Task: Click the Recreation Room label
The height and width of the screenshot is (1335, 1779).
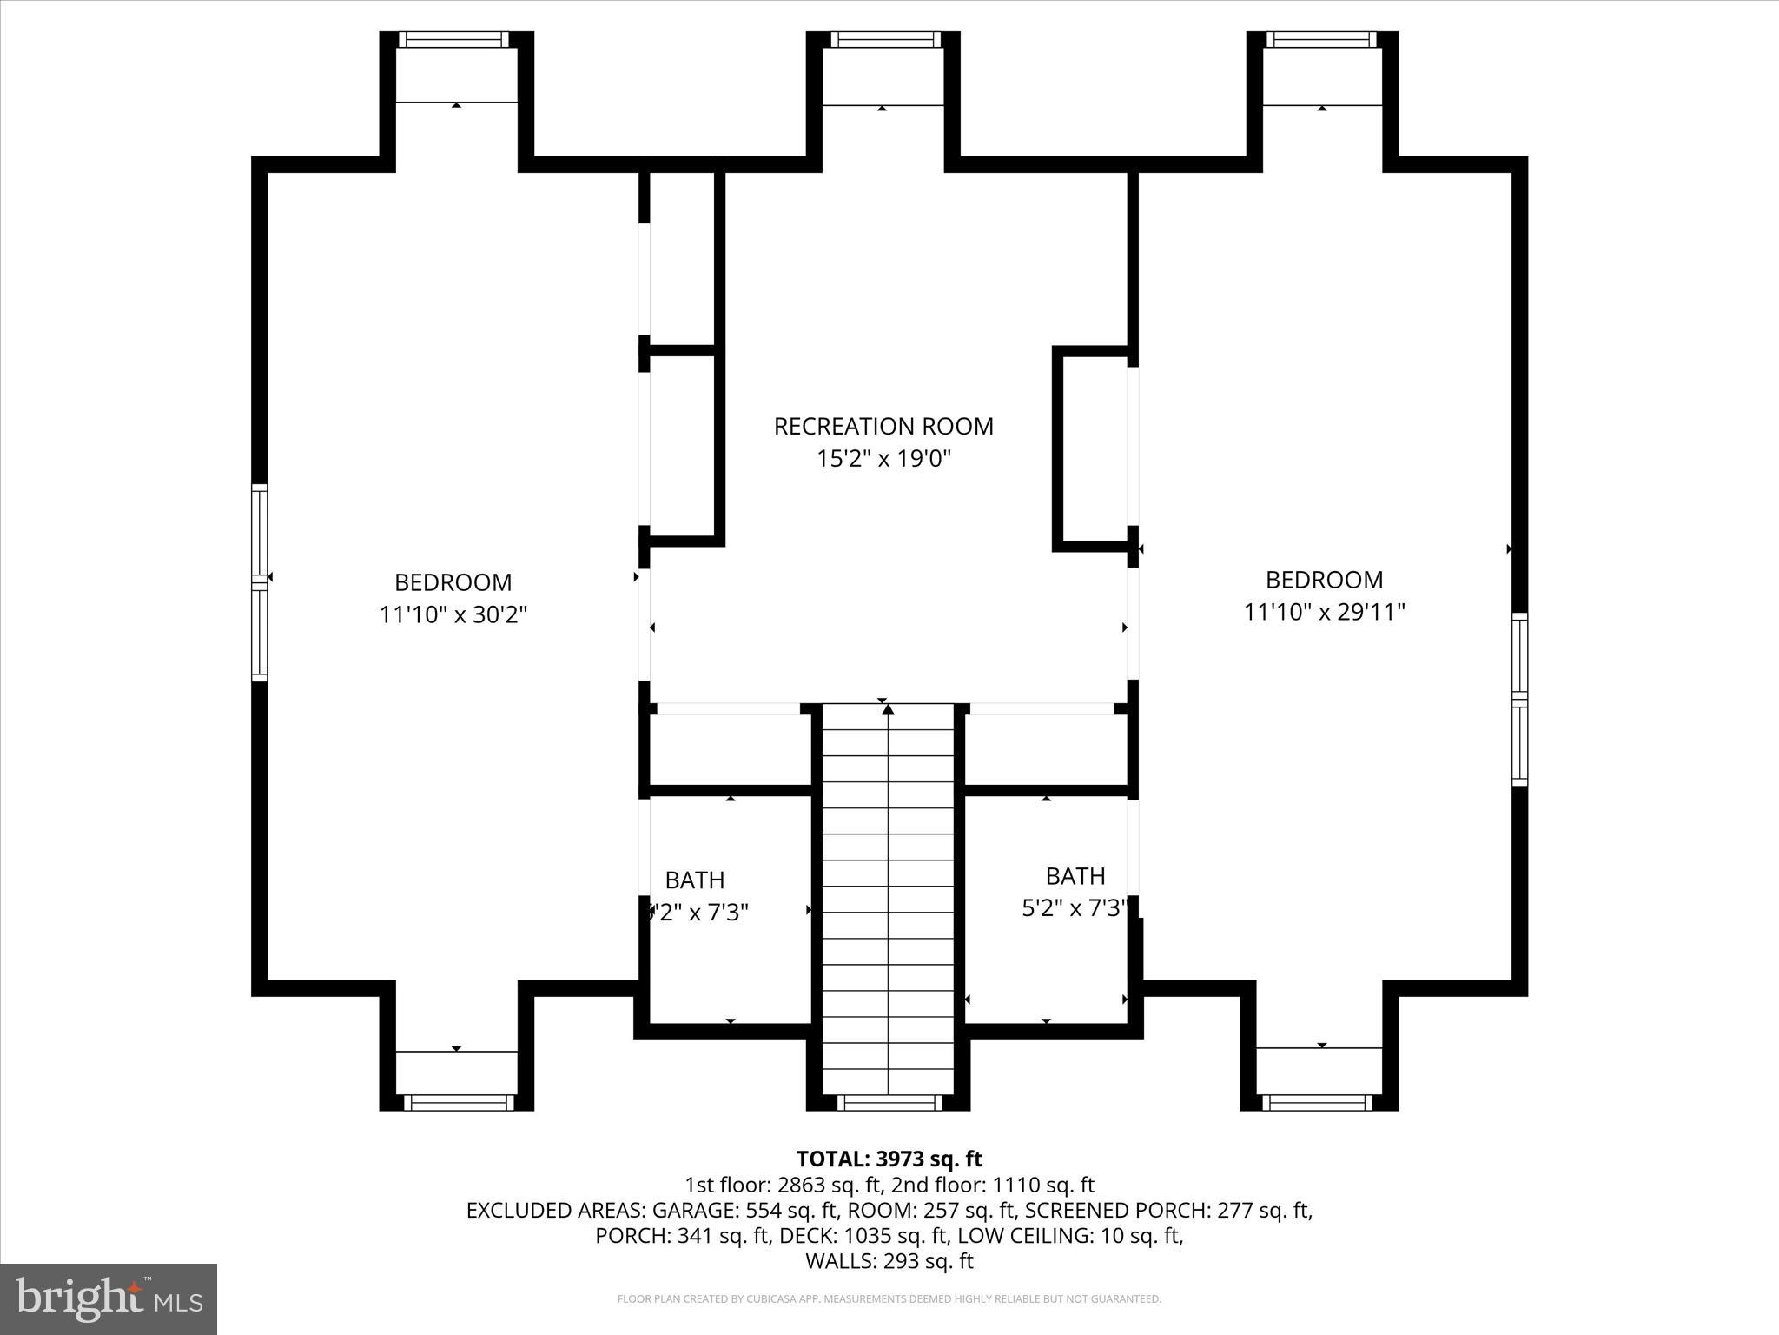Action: pyautogui.click(x=883, y=426)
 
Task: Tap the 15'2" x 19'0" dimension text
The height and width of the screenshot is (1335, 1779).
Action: pyautogui.click(x=883, y=459)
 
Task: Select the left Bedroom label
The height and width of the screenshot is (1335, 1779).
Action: pyautogui.click(x=453, y=581)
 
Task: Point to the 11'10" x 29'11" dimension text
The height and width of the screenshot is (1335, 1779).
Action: pyautogui.click(x=1324, y=612)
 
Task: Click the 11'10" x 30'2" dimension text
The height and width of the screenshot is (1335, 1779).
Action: pyautogui.click(x=453, y=614)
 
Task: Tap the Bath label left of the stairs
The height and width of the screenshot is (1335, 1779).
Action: pyautogui.click(x=695, y=880)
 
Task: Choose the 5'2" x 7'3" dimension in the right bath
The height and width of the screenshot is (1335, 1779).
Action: pyautogui.click(x=1075, y=908)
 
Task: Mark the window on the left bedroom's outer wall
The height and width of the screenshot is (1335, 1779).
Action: pyautogui.click(x=260, y=581)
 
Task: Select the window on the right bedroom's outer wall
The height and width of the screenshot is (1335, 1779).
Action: pyautogui.click(x=1519, y=699)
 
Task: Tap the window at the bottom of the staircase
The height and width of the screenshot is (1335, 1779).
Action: pyautogui.click(x=888, y=1103)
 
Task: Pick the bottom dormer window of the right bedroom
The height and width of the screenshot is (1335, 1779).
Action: pyautogui.click(x=1317, y=1103)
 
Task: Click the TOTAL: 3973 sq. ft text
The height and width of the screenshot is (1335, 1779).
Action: pyautogui.click(x=889, y=1159)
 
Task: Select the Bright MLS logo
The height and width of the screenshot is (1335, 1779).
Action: pyautogui.click(x=109, y=1298)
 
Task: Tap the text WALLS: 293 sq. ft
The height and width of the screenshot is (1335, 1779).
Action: pyautogui.click(x=889, y=1260)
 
